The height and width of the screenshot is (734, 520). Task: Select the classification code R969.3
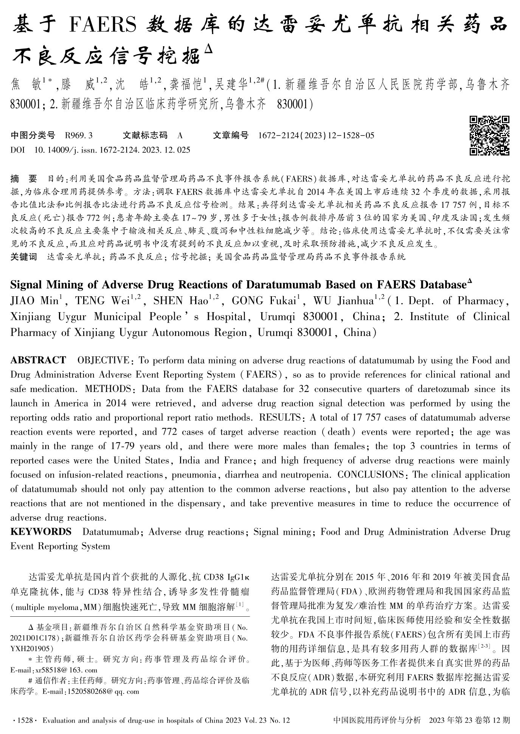coord(79,135)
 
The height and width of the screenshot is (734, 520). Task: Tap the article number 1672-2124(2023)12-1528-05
coord(316,135)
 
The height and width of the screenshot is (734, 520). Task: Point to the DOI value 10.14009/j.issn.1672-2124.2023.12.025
coord(112,150)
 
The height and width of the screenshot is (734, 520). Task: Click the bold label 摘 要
coord(24,178)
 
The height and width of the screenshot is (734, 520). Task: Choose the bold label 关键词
coord(24,257)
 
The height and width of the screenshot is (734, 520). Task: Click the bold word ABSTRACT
coord(38,360)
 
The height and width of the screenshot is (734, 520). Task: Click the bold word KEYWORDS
coord(41,532)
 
